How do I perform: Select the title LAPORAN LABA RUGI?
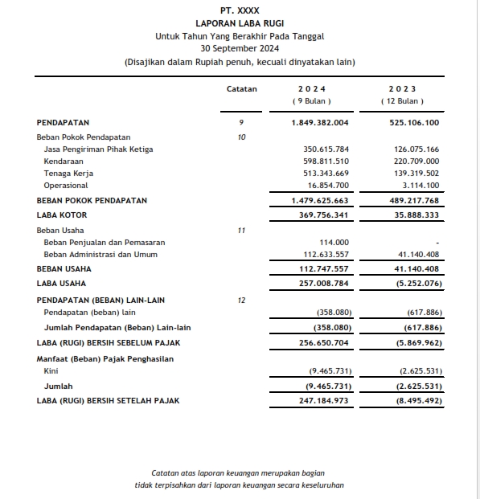point(240,23)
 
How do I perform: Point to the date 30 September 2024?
point(240,49)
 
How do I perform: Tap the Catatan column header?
point(242,88)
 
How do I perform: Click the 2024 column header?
point(312,88)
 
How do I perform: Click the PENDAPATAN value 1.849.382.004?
point(320,123)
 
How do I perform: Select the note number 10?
point(241,137)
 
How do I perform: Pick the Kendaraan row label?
point(64,162)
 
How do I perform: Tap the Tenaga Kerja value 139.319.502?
point(416,174)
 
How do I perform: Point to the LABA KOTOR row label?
point(62,215)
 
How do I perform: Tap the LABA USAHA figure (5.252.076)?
point(415,284)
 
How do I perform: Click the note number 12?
point(241,300)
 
